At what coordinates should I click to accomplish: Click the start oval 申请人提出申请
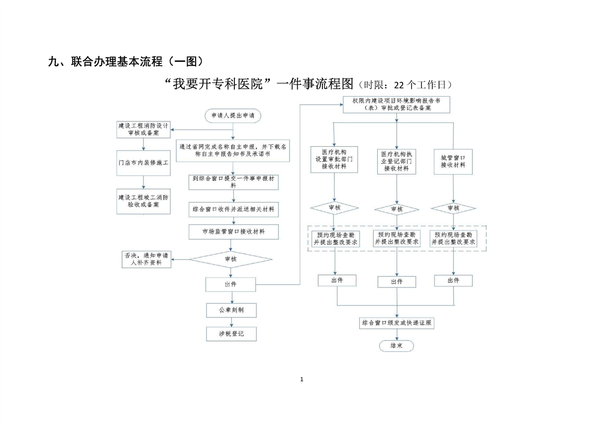tap(233, 115)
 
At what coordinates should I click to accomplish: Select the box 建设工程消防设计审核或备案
tap(143, 129)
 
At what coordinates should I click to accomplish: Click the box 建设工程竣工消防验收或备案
tap(143, 201)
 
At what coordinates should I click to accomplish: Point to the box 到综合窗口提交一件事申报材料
tap(233, 182)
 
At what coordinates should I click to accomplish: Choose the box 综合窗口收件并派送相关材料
tap(233, 209)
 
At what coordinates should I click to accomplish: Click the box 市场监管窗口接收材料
tap(233, 232)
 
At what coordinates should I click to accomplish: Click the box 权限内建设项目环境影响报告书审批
tap(397, 104)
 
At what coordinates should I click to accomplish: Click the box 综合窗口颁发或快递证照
tap(397, 323)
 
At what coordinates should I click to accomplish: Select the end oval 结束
tap(397, 345)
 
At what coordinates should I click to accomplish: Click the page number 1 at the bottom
tap(301, 380)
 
